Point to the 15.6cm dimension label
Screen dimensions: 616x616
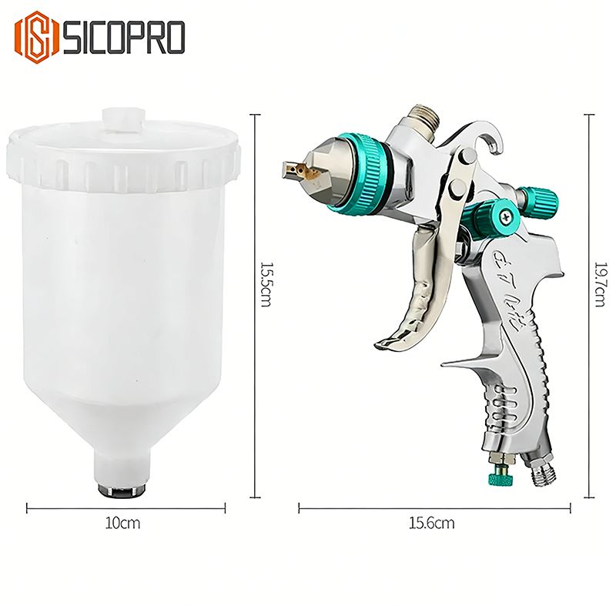(434, 524)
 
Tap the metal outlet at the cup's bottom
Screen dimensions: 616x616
(120, 488)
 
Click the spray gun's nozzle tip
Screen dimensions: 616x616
(292, 167)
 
